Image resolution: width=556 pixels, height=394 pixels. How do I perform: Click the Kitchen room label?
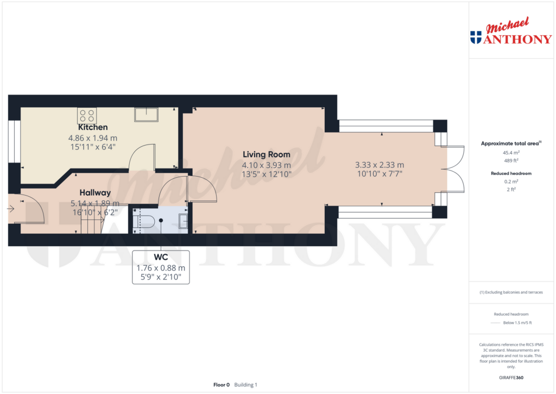(x=92, y=127)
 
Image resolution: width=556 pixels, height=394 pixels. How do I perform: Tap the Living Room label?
(x=266, y=154)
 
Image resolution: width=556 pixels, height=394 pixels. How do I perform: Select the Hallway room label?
(x=95, y=192)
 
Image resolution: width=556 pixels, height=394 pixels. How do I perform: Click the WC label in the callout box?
(x=160, y=257)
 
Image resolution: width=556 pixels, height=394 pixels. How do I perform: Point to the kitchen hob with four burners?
(x=87, y=115)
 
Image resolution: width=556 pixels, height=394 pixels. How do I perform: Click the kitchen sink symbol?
(x=147, y=114)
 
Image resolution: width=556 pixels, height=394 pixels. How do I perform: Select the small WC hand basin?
(x=183, y=221)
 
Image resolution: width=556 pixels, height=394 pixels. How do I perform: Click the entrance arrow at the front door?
(x=11, y=208)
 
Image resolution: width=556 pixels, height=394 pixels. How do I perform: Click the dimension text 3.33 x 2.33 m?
(x=380, y=165)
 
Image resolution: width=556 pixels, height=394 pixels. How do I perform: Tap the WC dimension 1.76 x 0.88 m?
(x=160, y=267)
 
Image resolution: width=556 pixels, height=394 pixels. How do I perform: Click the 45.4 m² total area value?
(x=511, y=153)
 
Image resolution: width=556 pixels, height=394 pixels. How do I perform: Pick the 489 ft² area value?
(x=511, y=160)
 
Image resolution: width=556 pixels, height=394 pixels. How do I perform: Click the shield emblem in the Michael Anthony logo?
(x=476, y=37)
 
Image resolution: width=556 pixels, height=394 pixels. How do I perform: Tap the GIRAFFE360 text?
(x=511, y=377)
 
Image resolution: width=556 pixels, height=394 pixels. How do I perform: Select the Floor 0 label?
(x=222, y=385)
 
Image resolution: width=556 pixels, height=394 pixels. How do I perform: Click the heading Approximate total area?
(x=510, y=143)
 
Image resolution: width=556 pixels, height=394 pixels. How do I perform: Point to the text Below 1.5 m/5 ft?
(x=517, y=323)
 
